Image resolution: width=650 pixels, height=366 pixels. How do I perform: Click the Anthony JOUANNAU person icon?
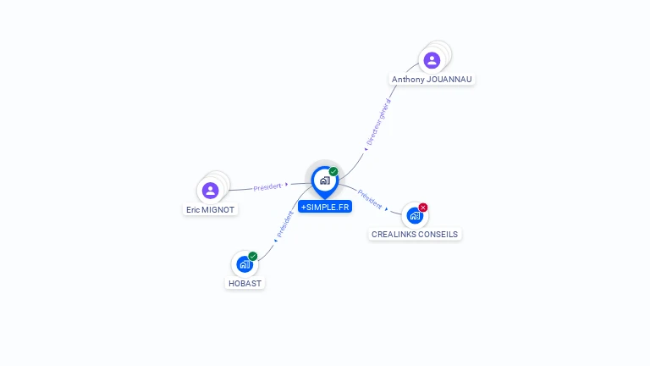(432, 60)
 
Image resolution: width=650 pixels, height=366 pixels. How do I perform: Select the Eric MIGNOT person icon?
(211, 191)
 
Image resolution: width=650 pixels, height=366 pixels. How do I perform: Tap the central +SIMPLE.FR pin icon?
(324, 180)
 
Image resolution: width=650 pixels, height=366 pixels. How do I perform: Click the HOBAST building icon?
(245, 263)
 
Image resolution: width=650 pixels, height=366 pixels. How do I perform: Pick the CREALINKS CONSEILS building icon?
(415, 215)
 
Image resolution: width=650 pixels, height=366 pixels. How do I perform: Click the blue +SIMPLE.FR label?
(325, 207)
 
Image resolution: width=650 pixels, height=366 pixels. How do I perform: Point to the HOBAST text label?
(245, 283)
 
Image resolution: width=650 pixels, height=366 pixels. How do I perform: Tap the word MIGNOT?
(218, 209)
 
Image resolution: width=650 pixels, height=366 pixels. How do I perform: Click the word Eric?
(194, 209)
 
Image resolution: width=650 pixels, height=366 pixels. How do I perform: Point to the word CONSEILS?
(440, 234)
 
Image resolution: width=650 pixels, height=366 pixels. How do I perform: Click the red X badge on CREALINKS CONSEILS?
(423, 208)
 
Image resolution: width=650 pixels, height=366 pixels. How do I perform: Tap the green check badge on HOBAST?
(252, 256)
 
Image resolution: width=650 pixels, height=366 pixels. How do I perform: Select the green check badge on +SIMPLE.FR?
(333, 172)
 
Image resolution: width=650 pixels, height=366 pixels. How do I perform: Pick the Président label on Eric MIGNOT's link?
(267, 186)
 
